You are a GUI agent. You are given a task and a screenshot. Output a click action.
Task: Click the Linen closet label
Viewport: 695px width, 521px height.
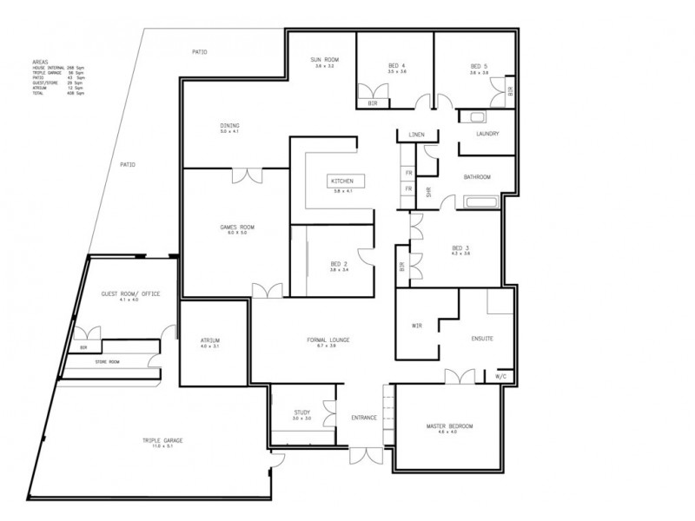tap(416, 135)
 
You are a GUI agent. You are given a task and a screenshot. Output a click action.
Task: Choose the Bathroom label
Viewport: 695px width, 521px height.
tap(477, 177)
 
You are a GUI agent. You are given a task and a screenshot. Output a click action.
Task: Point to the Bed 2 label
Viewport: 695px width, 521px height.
tap(339, 264)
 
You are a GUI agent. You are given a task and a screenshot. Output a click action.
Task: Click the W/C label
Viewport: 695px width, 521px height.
tap(501, 377)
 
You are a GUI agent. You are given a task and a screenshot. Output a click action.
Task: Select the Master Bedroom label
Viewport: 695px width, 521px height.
tap(448, 426)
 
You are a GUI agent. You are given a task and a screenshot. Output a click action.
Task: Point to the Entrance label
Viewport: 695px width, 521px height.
tap(363, 418)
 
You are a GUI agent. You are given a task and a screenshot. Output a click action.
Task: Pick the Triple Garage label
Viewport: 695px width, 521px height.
tap(163, 442)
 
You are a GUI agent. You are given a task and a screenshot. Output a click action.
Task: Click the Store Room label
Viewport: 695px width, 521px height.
tap(108, 361)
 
